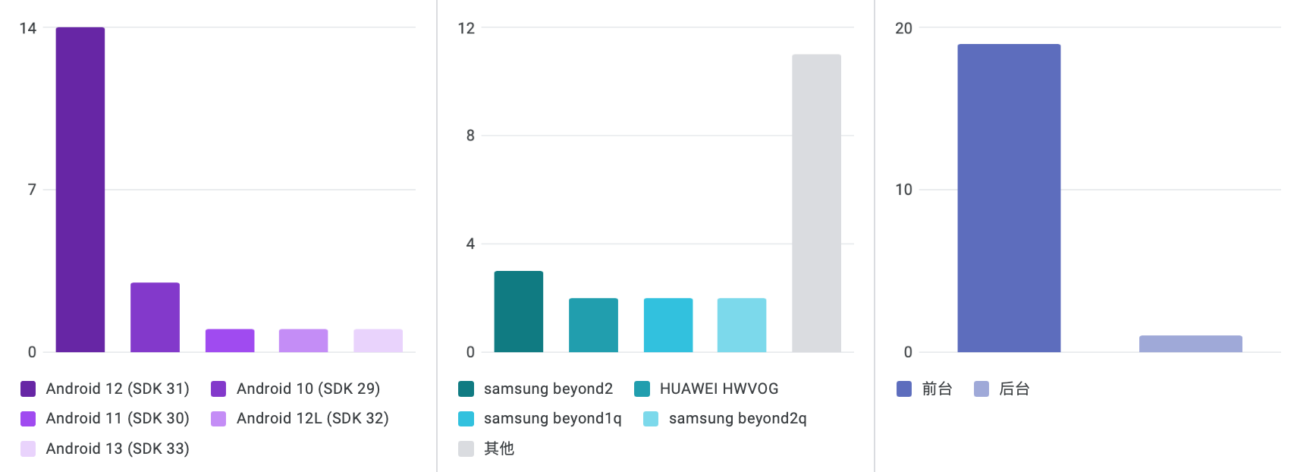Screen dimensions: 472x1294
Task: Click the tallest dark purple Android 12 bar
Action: click(x=80, y=190)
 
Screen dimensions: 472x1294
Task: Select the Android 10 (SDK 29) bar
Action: click(x=155, y=317)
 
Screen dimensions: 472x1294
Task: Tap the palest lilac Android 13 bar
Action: click(x=378, y=341)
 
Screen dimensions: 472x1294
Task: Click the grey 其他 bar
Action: click(x=816, y=203)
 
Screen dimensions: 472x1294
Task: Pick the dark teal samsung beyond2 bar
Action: click(x=519, y=311)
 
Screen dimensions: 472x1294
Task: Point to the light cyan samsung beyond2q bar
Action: click(x=742, y=325)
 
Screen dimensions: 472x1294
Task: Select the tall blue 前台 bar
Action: click(x=1009, y=198)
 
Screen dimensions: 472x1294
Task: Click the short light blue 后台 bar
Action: click(x=1190, y=344)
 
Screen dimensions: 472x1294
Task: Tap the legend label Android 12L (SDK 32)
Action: click(x=313, y=418)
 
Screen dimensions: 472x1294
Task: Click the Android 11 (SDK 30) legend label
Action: click(x=118, y=418)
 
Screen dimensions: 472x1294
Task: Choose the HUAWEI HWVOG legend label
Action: click(x=719, y=389)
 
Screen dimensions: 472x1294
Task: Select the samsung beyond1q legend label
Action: click(x=552, y=418)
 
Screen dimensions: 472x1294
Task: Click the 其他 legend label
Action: click(x=499, y=448)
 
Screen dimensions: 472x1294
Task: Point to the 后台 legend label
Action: click(x=1014, y=389)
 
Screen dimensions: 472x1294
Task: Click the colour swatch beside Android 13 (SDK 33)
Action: click(x=28, y=448)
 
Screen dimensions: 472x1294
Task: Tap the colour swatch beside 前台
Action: click(x=904, y=389)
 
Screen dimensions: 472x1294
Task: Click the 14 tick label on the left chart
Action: click(x=28, y=28)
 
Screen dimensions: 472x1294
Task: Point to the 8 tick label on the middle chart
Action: click(x=470, y=136)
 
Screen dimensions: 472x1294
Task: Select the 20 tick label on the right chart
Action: click(x=903, y=28)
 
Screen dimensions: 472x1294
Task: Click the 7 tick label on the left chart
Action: click(x=32, y=190)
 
